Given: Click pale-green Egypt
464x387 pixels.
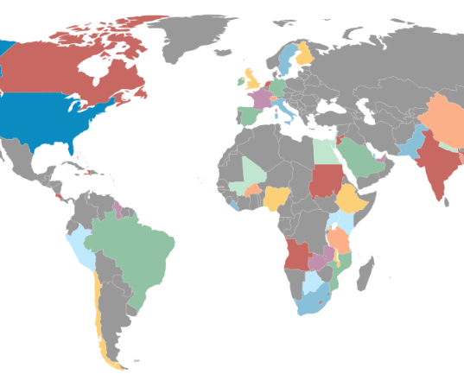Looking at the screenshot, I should pyautogui.click(x=323, y=150).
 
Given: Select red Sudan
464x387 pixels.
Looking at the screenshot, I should pyautogui.click(x=326, y=181).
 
